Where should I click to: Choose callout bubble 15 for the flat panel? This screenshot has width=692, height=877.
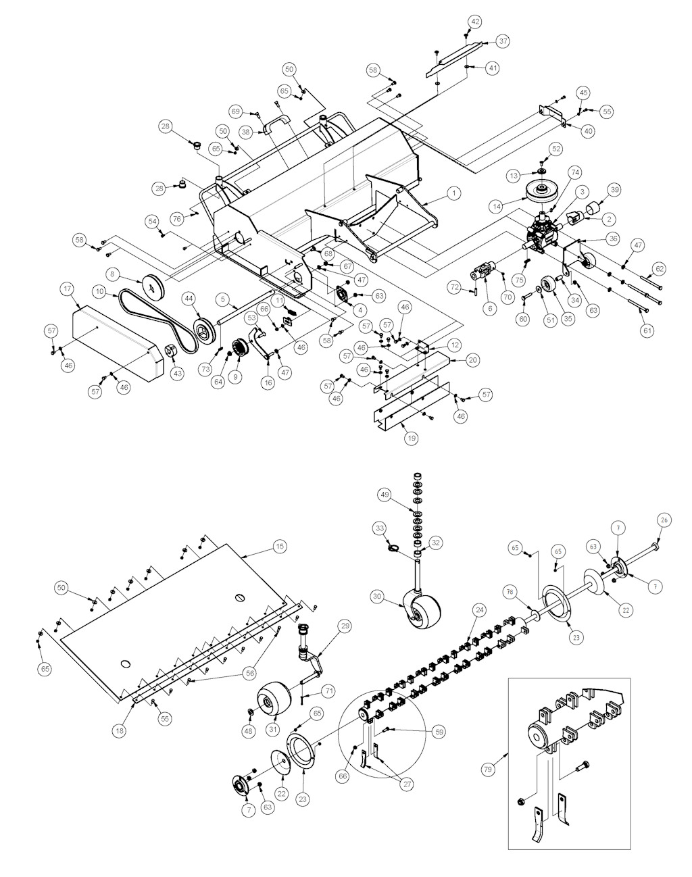278,545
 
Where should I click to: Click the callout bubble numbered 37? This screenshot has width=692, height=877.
503,41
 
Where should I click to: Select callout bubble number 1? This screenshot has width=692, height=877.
454,193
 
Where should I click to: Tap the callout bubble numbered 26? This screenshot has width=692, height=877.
664,520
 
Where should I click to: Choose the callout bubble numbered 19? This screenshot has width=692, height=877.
412,438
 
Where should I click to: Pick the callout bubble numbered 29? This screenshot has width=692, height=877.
345,627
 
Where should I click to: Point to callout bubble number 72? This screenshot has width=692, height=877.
454,289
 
